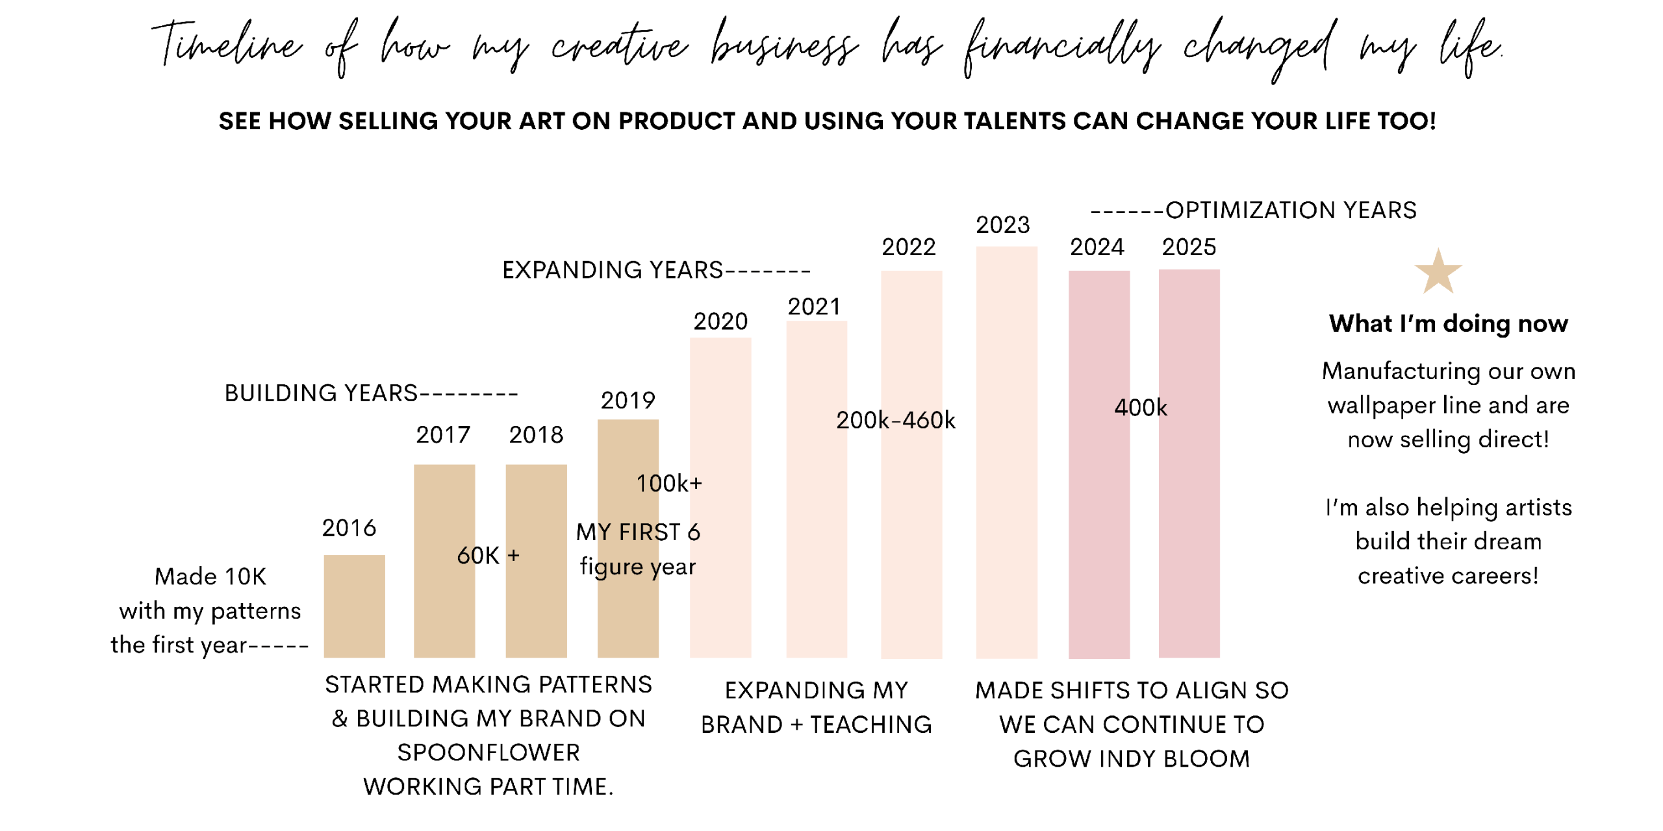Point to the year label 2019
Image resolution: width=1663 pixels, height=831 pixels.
[x=628, y=401]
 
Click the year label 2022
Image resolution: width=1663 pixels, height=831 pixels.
[x=908, y=247]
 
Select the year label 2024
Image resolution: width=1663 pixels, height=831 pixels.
[x=1097, y=247]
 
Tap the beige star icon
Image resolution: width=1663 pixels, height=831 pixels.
[x=1438, y=271]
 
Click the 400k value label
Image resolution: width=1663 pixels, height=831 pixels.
[x=1141, y=408]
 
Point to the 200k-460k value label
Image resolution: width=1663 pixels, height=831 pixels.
[x=895, y=421]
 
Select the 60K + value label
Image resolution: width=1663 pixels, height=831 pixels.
[x=488, y=556]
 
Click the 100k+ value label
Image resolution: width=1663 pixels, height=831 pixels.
[x=669, y=484]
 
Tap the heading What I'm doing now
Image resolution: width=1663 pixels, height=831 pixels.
[x=1448, y=323]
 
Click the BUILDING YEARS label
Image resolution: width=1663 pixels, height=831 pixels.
[x=321, y=393]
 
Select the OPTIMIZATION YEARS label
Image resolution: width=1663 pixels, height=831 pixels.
[x=1290, y=210]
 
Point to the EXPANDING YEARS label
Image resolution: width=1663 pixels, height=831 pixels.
[x=612, y=269]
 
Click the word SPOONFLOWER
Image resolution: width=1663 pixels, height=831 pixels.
[x=489, y=752]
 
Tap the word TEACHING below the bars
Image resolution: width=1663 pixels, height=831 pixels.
[x=870, y=725]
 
